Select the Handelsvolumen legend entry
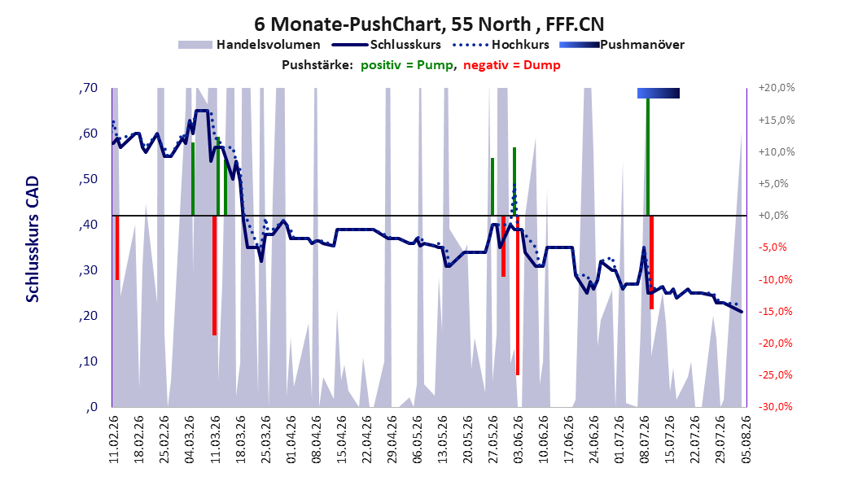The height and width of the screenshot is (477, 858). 250,45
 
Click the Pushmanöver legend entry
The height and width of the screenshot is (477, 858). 622,45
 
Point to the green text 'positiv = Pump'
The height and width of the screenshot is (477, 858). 407,65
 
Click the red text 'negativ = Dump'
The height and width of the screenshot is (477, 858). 512,65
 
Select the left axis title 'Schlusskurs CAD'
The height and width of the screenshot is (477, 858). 33,238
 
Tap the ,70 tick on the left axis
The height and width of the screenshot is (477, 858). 88,88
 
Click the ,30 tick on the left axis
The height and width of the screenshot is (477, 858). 88,270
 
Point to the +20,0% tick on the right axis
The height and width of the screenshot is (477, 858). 777,88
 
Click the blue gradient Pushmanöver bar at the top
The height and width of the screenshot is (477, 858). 659,93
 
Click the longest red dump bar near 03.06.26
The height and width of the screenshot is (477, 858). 518,295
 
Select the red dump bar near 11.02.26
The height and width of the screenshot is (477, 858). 117,247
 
